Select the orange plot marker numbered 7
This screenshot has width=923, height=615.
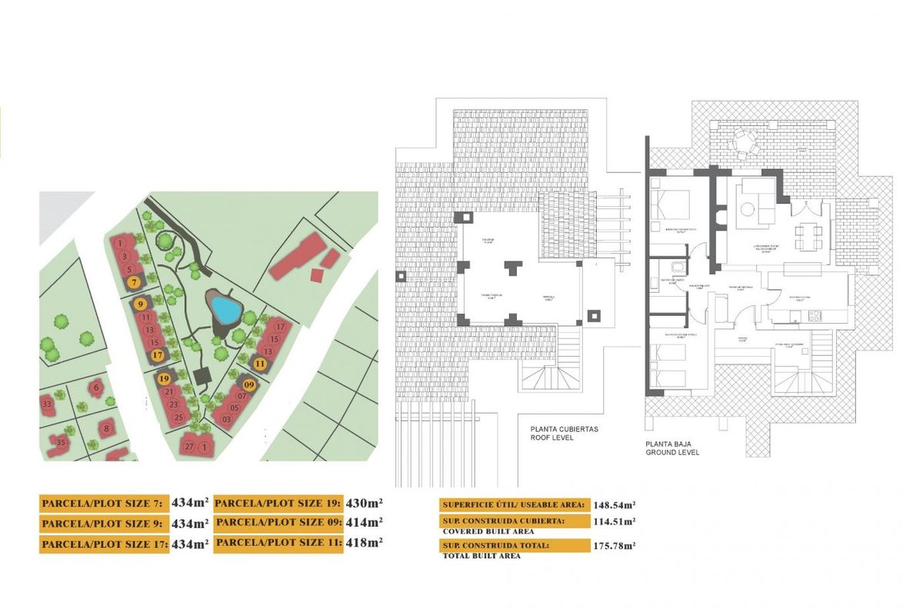click(135, 282)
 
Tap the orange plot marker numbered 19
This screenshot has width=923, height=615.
click(164, 378)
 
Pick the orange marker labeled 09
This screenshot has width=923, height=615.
click(249, 384)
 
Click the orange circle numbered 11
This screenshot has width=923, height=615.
click(261, 364)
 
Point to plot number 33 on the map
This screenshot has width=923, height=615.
click(48, 404)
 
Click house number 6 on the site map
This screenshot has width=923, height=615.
click(96, 388)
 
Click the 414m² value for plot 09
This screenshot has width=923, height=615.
click(365, 522)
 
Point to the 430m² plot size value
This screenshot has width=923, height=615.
click(365, 503)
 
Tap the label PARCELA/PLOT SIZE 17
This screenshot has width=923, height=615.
click(103, 544)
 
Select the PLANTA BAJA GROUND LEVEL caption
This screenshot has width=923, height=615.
click(672, 448)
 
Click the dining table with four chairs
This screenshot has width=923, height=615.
click(805, 235)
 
